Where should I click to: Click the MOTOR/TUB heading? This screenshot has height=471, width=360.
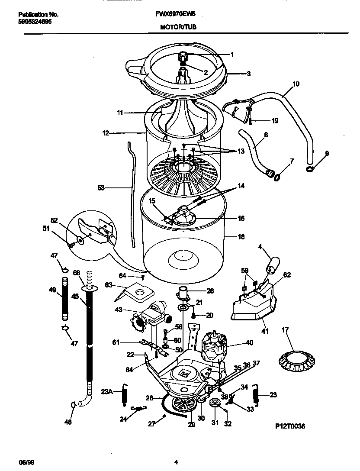pyautogui.click(x=178, y=26)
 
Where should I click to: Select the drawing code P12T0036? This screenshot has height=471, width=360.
pyautogui.click(x=290, y=426)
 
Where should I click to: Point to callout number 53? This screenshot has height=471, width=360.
pyautogui.click(x=101, y=188)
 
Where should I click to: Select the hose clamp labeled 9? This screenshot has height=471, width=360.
pyautogui.click(x=311, y=169)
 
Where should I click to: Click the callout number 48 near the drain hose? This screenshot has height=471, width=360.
pyautogui.click(x=68, y=422)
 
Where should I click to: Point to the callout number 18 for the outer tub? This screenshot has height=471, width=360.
pyautogui.click(x=241, y=237)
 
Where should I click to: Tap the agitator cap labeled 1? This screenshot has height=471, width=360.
pyautogui.click(x=183, y=57)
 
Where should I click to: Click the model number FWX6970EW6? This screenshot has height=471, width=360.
pyautogui.click(x=178, y=14)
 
